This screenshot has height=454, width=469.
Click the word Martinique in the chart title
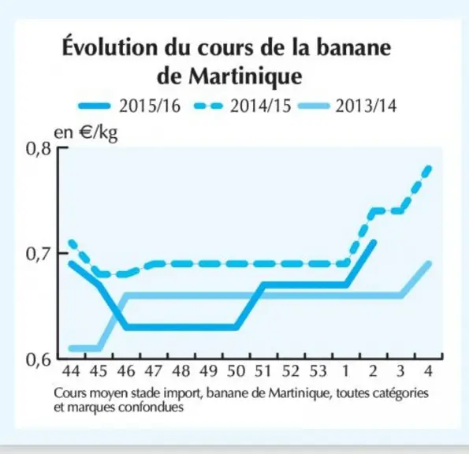[245, 77]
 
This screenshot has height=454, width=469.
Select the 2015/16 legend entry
[129, 106]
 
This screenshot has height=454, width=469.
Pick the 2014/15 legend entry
[242, 106]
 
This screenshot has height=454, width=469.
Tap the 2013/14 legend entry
[348, 106]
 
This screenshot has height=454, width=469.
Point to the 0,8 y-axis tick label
[39, 149]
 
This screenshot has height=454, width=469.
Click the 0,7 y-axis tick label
[39, 255]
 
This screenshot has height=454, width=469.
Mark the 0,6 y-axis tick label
[39, 359]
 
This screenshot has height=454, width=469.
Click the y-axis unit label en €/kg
[86, 133]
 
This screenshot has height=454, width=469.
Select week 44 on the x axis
[71, 371]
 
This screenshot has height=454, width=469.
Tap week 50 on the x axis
[236, 371]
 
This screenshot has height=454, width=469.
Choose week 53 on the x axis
[318, 371]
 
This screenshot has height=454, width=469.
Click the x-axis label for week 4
[428, 371]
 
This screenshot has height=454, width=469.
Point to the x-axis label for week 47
[154, 371]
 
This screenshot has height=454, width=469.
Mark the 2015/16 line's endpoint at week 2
[373, 243]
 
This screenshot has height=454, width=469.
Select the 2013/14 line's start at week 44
[72, 348]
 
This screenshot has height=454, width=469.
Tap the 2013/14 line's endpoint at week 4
[428, 264]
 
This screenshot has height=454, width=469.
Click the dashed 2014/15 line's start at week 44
[72, 243]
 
